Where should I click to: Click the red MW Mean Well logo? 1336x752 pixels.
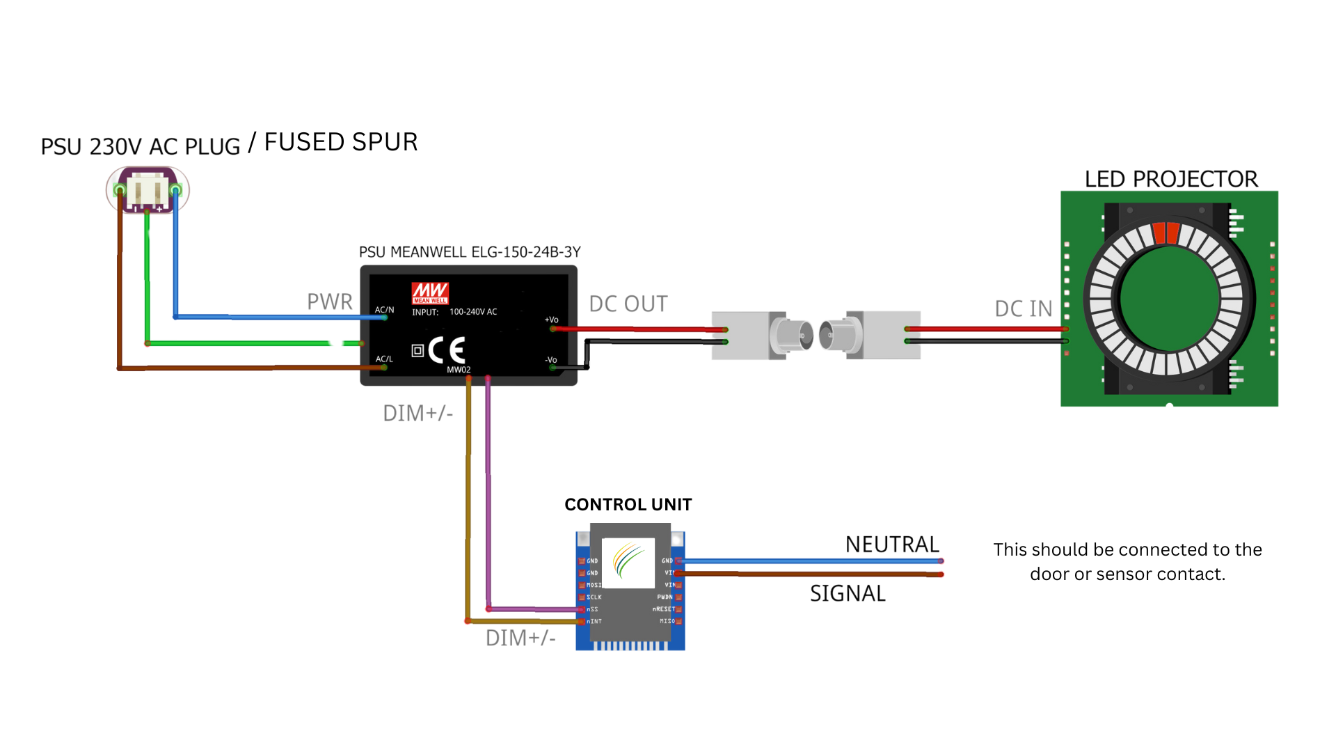click(x=429, y=293)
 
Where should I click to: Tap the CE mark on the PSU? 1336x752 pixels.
click(x=446, y=350)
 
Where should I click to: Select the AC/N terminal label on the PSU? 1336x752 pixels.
click(x=384, y=310)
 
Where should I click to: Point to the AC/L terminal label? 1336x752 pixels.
click(x=384, y=359)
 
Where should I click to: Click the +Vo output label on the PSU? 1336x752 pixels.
click(x=551, y=320)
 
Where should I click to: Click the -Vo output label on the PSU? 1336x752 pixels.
click(x=550, y=360)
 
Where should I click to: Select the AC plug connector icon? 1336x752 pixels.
click(x=148, y=189)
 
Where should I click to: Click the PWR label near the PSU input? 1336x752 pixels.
click(x=329, y=301)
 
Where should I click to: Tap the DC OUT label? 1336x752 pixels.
click(x=628, y=304)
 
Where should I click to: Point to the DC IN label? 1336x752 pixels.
click(x=1023, y=308)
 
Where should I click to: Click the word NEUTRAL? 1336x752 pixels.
click(x=892, y=544)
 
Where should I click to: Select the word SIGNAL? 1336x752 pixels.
click(x=848, y=593)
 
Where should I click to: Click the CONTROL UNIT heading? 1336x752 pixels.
click(x=628, y=504)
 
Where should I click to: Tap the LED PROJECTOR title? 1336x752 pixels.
click(x=1171, y=179)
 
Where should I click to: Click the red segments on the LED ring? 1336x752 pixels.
click(x=1166, y=233)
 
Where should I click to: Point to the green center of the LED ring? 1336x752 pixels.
click(x=1170, y=299)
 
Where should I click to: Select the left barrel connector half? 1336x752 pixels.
click(x=762, y=335)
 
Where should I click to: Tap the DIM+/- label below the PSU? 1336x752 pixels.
click(x=417, y=413)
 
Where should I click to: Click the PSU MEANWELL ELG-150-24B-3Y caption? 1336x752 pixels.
click(x=470, y=252)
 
